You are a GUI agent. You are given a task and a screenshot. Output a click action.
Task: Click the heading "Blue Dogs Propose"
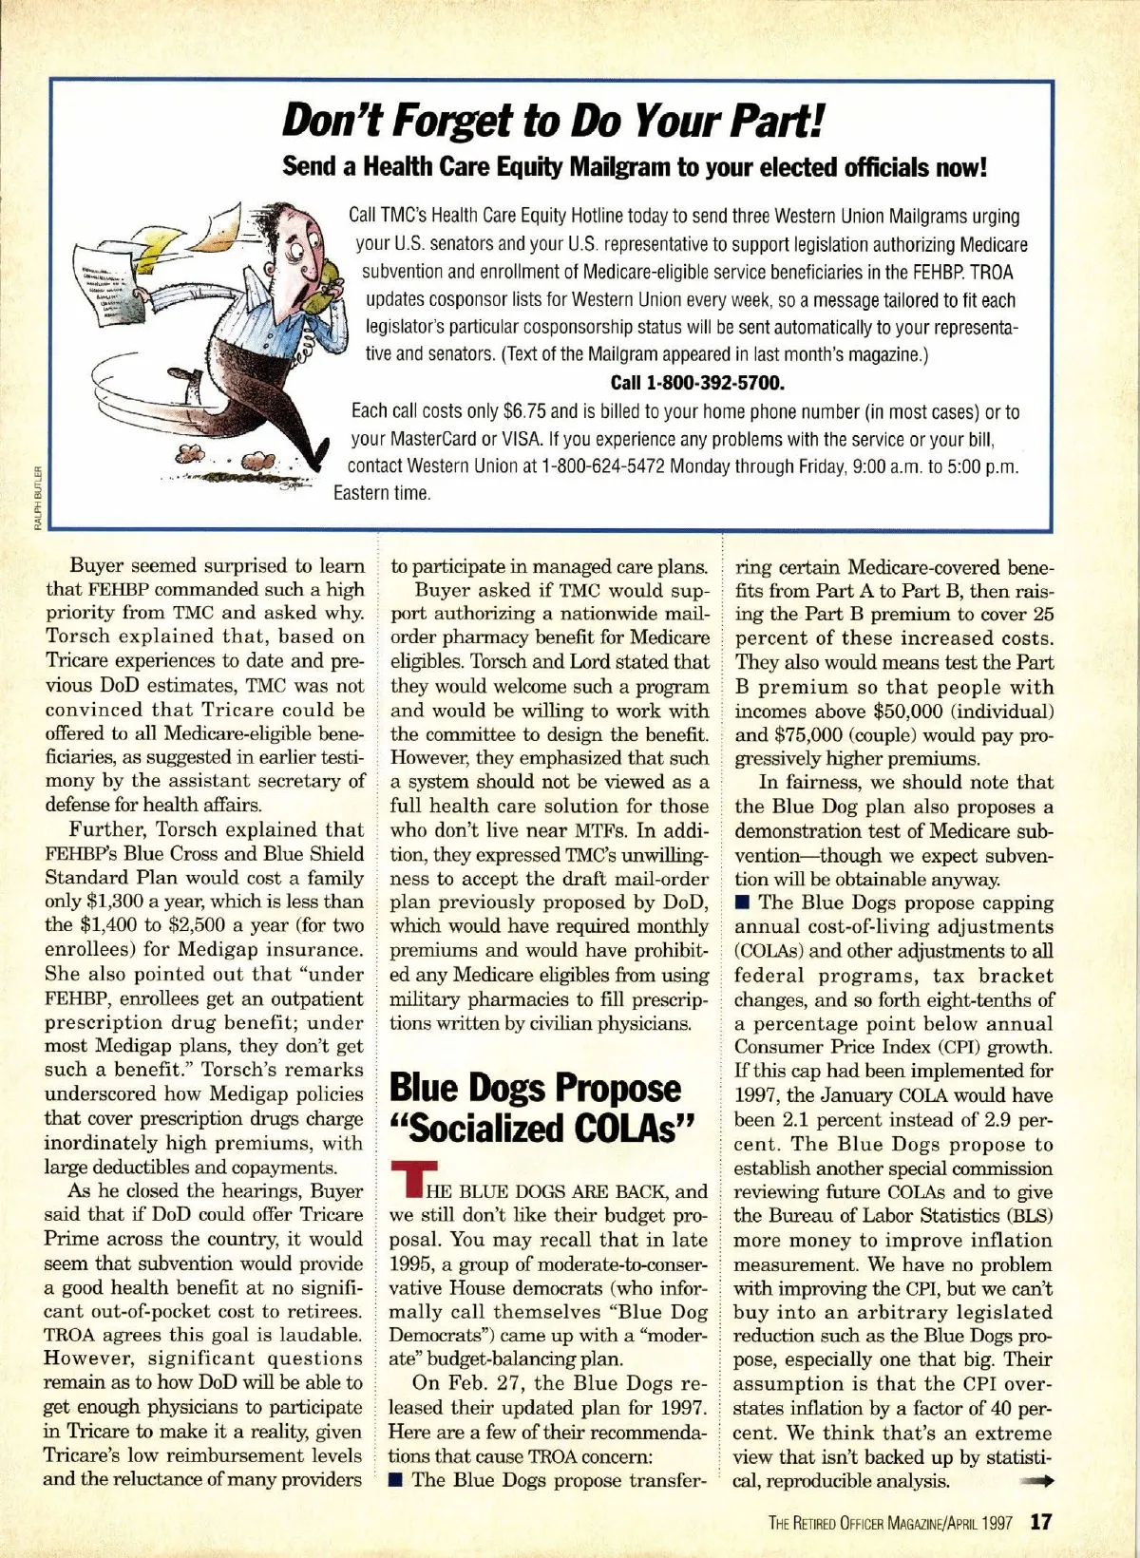coord(535,1088)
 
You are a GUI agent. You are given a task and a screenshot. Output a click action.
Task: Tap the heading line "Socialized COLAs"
coord(543,1129)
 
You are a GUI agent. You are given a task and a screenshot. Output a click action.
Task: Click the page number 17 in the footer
coord(1041,1522)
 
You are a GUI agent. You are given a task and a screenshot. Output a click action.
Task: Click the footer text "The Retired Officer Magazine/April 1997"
coord(890,1523)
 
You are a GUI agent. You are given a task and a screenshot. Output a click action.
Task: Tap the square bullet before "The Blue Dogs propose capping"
coord(742,902)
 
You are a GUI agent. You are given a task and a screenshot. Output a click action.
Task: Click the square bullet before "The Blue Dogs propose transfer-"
coord(397,1479)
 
